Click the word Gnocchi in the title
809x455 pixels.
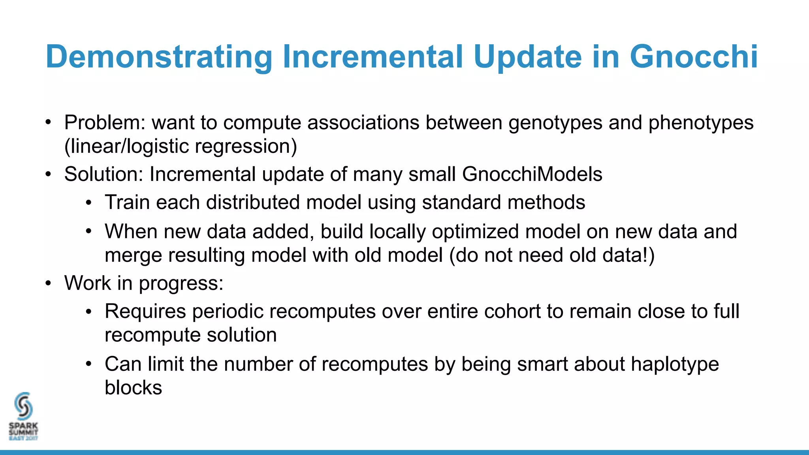tap(694, 57)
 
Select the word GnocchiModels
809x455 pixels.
tap(532, 174)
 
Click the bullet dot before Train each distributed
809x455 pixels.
tap(89, 203)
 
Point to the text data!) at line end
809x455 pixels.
tap(628, 255)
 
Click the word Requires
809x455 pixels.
tap(145, 311)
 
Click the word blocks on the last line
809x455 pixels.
tap(133, 387)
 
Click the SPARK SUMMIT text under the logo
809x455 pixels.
tap(23, 429)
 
